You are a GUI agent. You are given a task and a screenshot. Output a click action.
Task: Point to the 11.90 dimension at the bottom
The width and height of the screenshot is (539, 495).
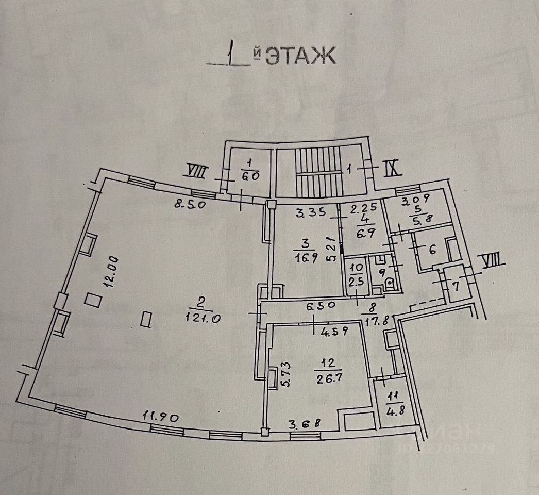(161, 416)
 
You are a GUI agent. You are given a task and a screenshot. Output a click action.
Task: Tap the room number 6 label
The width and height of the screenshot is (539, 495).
(432, 250)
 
